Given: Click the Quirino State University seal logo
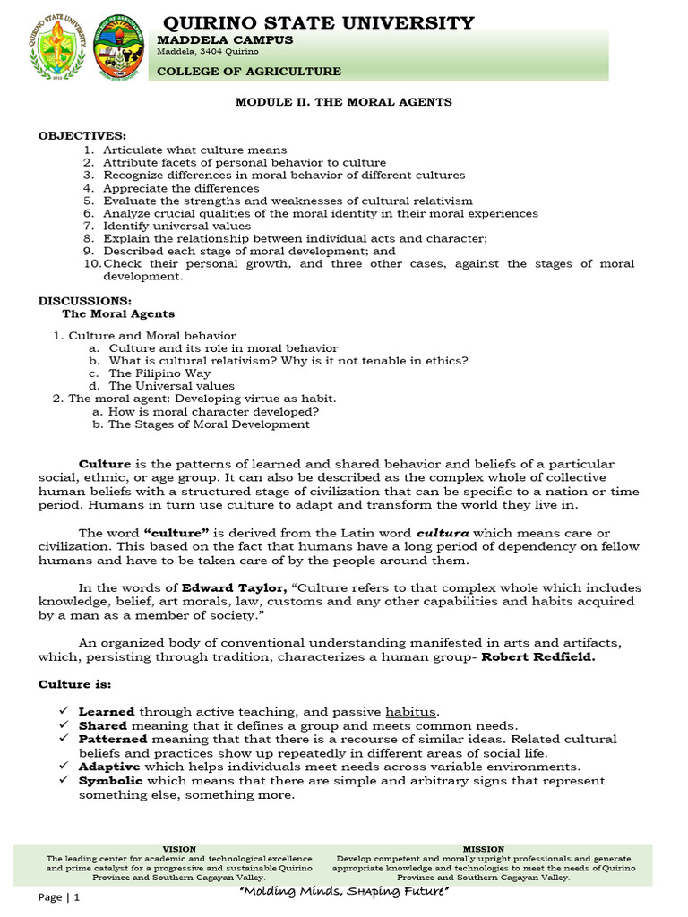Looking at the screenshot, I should pos(59,47).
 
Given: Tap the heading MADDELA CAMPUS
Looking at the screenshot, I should pos(225,40).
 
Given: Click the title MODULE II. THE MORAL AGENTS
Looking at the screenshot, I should pos(343,102).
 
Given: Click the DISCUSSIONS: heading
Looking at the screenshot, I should pos(85,301).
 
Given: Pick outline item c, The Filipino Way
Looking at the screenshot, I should pos(159,373).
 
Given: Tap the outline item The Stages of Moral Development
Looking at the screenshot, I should pos(209,424).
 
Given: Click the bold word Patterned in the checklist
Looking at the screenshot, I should pos(114,740).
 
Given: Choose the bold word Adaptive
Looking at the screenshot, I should pos(109,767).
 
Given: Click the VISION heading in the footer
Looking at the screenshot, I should pos(179,849).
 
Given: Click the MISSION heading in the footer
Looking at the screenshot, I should pos(483,849).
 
